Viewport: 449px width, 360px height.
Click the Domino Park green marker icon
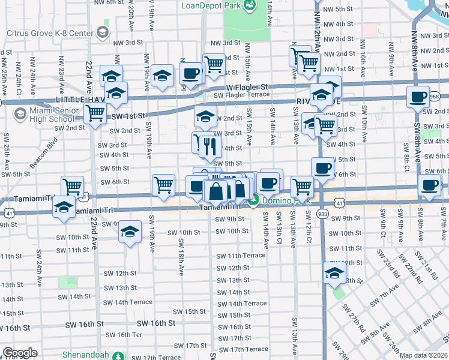(x=255, y=201)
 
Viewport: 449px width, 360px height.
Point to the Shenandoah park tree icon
(x=120, y=355)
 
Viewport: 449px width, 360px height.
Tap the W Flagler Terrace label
(x=241, y=94)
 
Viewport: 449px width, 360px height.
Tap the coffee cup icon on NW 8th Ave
(x=418, y=96)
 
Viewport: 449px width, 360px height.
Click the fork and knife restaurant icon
(x=209, y=145)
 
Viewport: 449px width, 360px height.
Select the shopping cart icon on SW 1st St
(x=95, y=112)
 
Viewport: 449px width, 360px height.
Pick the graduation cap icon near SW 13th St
(x=333, y=272)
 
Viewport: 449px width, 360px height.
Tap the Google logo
(x=20, y=353)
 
